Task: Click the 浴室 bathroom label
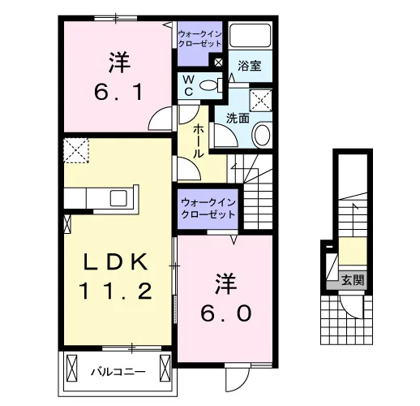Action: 250,66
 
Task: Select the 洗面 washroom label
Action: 238,119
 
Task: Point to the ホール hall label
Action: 198,141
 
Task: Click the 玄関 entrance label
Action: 353,280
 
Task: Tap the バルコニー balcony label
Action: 118,372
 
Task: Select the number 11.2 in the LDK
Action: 116,291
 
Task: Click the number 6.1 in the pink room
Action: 118,92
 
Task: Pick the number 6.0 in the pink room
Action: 226,313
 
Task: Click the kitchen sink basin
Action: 118,198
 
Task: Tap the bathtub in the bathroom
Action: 250,35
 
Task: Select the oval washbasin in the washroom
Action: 262,135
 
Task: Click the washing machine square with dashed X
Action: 260,100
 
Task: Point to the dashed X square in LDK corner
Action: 76,150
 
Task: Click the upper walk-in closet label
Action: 200,39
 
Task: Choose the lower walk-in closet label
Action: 208,209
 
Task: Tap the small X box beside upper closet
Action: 218,63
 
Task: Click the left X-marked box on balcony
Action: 72,369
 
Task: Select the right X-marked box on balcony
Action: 165,369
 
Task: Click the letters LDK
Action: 116,261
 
